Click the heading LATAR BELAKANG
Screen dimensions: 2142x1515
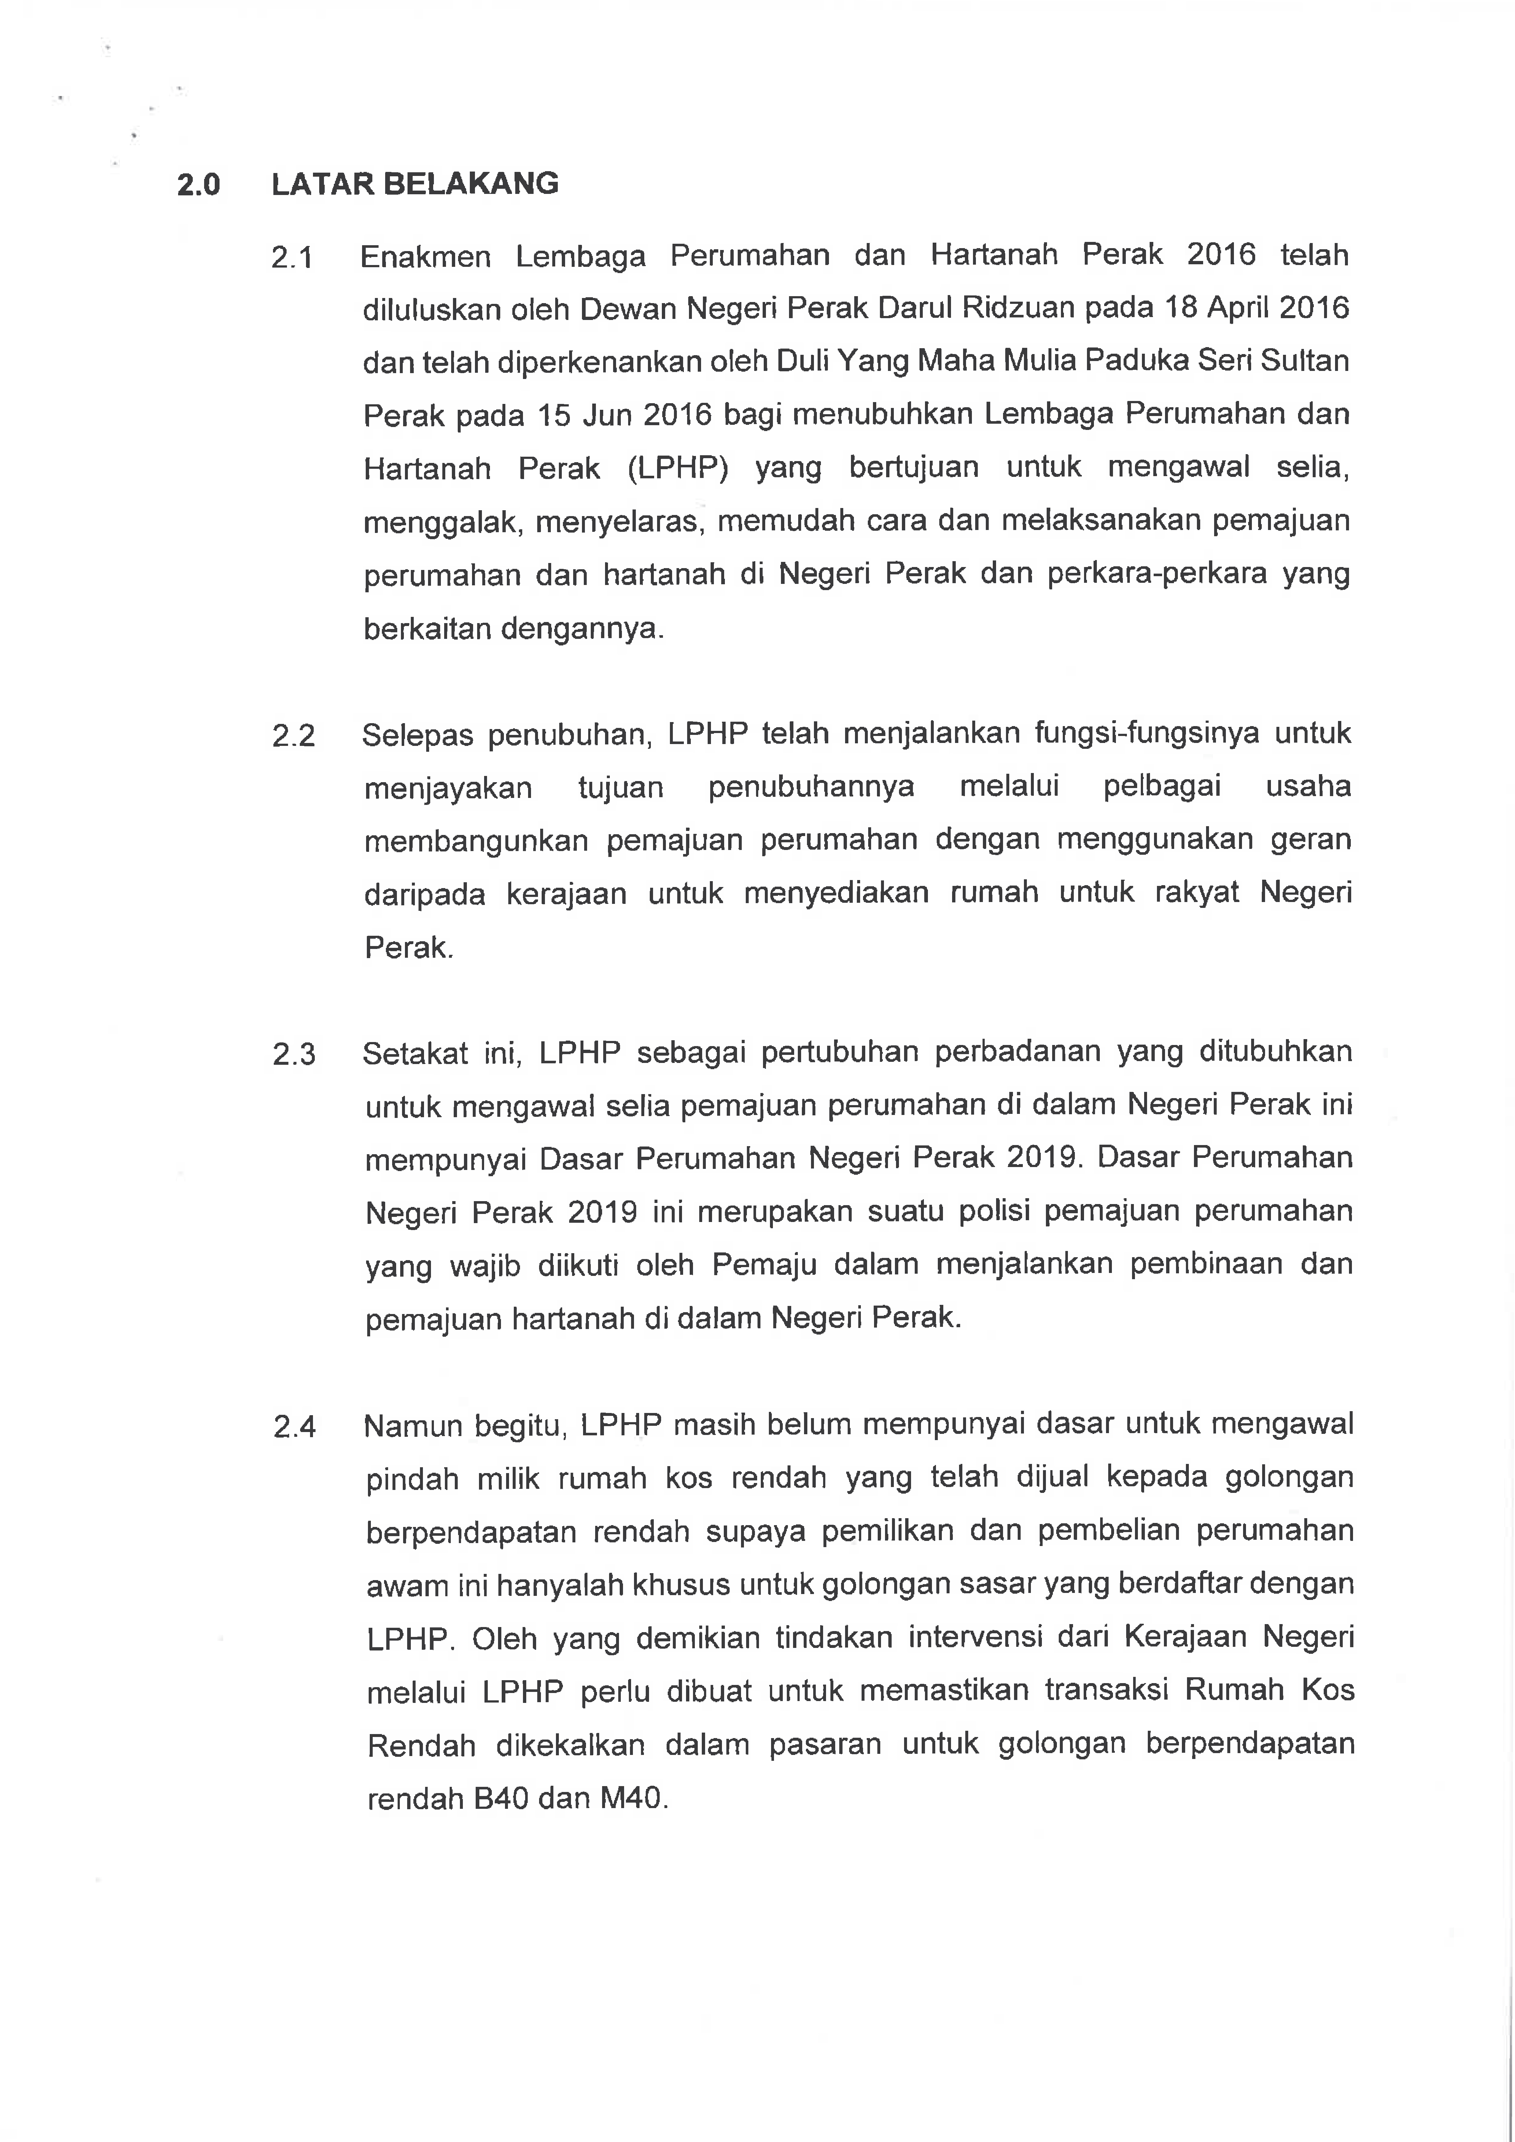[x=415, y=184]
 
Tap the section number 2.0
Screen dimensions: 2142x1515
[x=199, y=185]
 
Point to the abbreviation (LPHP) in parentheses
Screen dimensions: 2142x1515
[x=677, y=467]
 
